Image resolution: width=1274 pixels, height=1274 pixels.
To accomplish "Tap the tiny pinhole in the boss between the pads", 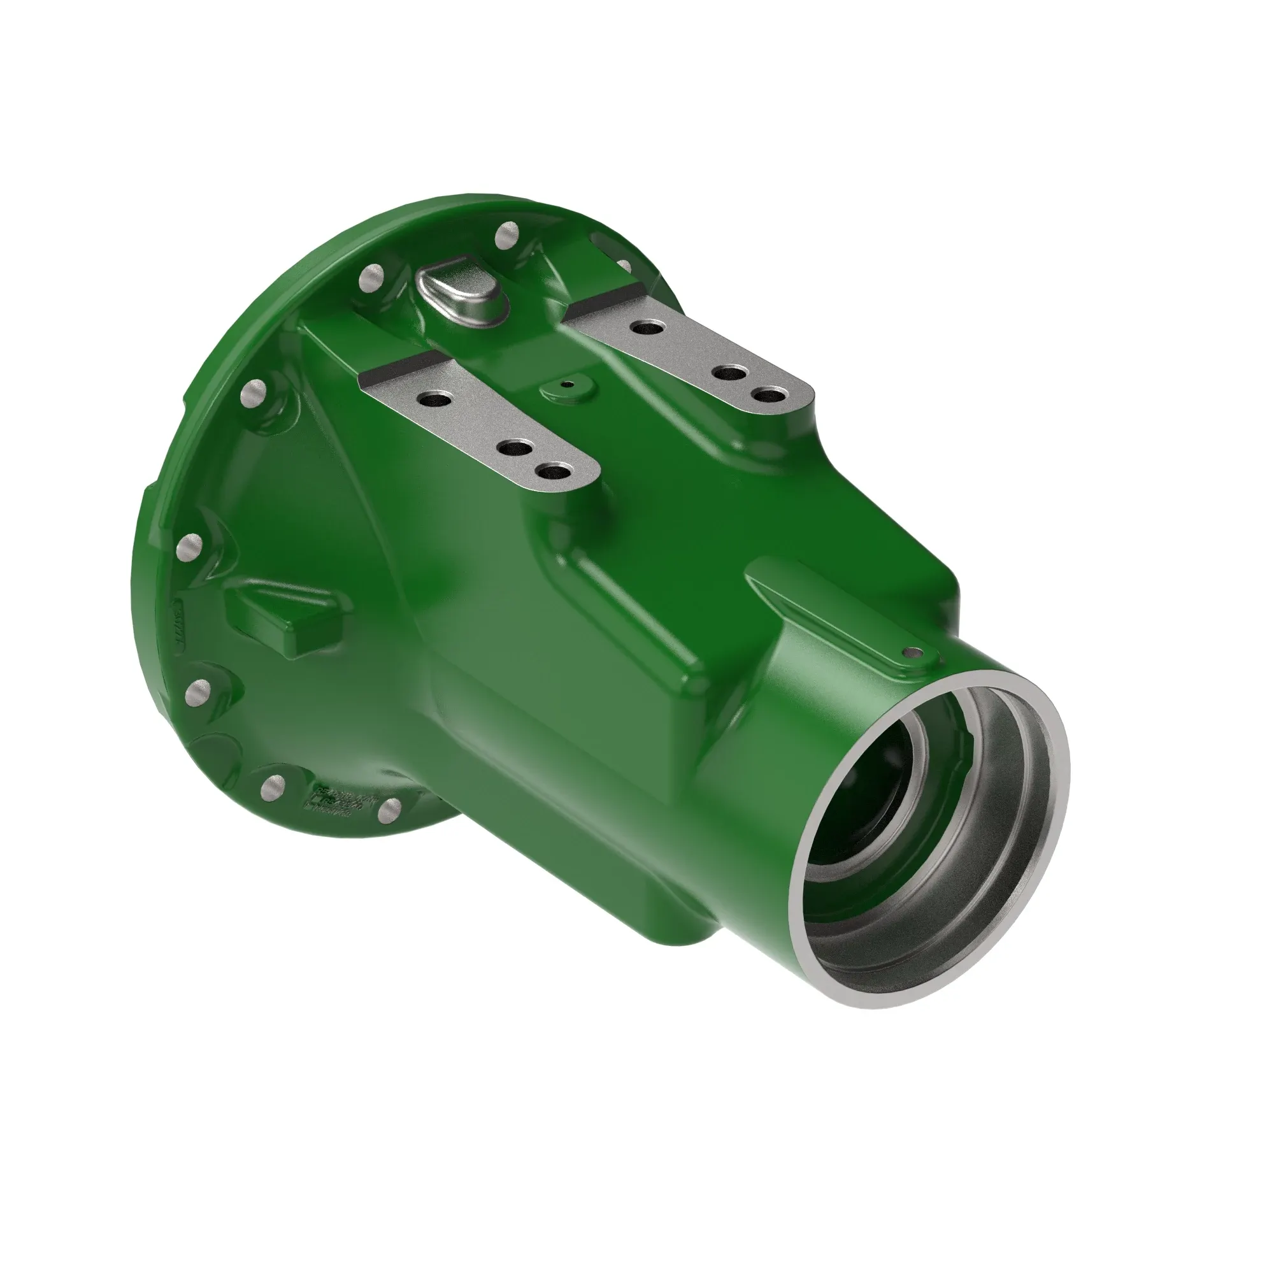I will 564,383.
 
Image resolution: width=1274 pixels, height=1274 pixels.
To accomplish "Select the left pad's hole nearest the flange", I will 434,399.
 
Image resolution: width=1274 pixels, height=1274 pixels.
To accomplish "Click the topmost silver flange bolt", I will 507,236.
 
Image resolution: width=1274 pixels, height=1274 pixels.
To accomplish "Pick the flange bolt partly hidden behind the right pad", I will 623,265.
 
